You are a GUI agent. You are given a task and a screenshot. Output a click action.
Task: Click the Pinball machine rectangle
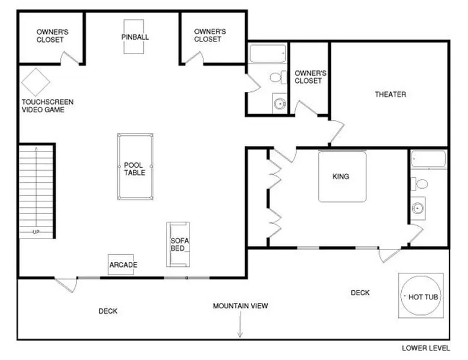[x=134, y=37]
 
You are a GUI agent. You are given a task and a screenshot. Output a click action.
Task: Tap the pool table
[x=135, y=166]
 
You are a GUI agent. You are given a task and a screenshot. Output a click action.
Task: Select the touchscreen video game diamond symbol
[x=35, y=82]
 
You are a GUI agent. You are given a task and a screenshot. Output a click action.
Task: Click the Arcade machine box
[x=121, y=264]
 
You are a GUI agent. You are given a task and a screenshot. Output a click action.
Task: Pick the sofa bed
[x=178, y=244]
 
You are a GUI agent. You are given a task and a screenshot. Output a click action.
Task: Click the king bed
[x=342, y=176]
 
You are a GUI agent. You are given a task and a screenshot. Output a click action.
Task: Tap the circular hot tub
[x=420, y=296]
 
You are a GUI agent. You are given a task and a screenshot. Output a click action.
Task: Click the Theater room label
[x=390, y=94]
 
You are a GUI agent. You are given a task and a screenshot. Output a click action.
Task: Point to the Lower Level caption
[x=426, y=348]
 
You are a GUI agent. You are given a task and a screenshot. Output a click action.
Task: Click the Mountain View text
[x=240, y=306]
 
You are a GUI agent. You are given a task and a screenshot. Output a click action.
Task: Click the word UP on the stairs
[x=36, y=232]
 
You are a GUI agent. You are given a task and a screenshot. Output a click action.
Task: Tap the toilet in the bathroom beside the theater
[x=278, y=78]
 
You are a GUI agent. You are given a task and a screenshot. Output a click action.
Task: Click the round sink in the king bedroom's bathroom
[x=417, y=208]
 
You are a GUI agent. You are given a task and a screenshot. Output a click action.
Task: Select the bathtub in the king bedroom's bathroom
[x=429, y=159]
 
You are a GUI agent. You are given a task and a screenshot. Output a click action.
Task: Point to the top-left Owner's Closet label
[x=52, y=36]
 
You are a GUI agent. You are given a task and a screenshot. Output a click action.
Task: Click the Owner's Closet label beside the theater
[x=310, y=77]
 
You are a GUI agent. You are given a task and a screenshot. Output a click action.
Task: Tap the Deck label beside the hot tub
[x=360, y=293]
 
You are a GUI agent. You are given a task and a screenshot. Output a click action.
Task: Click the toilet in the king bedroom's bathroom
[x=419, y=184]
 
